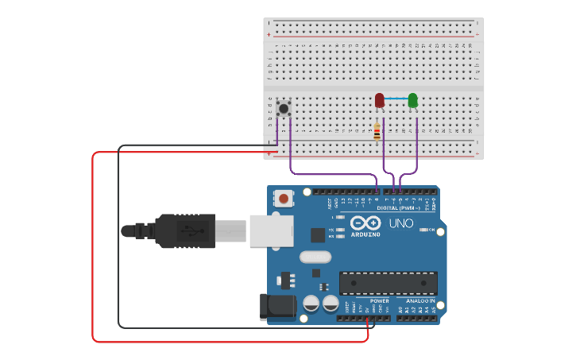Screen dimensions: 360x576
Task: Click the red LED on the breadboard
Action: point(380,99)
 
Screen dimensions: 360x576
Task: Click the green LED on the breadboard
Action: point(412,99)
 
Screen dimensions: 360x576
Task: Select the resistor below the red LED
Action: point(377,132)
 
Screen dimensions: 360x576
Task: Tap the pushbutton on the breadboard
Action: point(284,107)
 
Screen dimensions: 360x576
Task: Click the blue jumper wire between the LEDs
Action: point(396,99)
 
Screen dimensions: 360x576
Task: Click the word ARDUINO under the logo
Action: point(365,234)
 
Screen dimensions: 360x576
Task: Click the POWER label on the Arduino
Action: point(380,301)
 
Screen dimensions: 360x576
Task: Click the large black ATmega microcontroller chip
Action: point(388,283)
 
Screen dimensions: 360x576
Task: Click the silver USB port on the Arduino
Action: point(270,230)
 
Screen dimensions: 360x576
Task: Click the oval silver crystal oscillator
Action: point(315,257)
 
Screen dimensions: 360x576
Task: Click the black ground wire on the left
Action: point(118,238)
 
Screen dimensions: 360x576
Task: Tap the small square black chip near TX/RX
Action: point(318,235)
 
